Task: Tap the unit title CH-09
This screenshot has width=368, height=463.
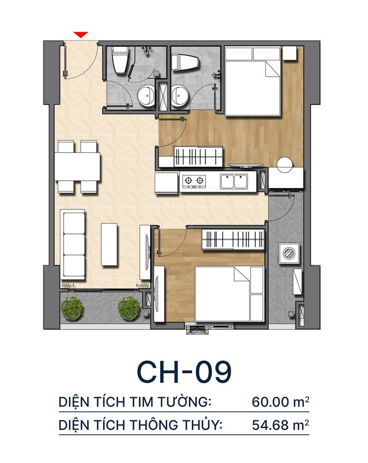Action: [x=184, y=370]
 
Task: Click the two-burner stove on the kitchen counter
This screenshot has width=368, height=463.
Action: [x=193, y=181]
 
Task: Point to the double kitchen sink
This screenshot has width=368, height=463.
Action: [x=234, y=181]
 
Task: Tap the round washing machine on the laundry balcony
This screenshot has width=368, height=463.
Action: [x=289, y=253]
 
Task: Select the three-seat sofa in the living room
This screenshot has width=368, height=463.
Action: [x=73, y=245]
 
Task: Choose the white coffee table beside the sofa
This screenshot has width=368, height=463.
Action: [x=109, y=244]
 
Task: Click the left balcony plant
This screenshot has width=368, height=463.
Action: [x=72, y=308]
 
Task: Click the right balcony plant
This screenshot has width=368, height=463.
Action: [x=129, y=308]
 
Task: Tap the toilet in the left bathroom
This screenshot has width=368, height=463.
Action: [x=119, y=61]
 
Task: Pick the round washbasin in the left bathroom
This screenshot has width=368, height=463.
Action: [x=145, y=95]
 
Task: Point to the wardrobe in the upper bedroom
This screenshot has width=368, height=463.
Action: [x=198, y=156]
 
